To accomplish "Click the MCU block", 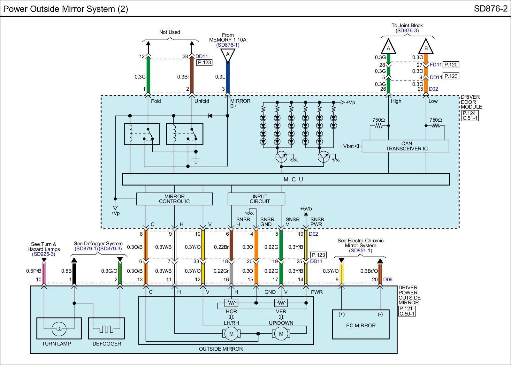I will click(286, 179).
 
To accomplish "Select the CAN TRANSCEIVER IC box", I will click(405, 146).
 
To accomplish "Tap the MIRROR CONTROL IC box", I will click(174, 199).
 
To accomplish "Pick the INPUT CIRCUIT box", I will click(256, 199).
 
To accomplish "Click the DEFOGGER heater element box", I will click(107, 329).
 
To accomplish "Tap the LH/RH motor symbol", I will click(231, 334).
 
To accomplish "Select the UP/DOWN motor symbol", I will click(281, 334).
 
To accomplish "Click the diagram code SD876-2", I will click(491, 9).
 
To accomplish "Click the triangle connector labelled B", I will click(426, 47).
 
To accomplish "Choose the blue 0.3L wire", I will click(228, 77).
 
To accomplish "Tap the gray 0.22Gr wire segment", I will click(231, 273).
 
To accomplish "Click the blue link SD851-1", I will click(360, 251).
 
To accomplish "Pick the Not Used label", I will click(170, 32).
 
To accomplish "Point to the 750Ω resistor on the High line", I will click(378, 126).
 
